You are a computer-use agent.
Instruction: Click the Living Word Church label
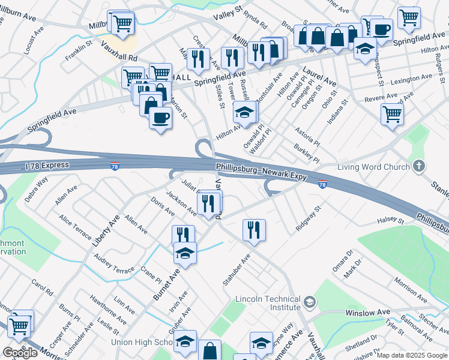pyautogui.click(x=373, y=167)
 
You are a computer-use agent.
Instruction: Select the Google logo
pyautogui.click(x=20, y=353)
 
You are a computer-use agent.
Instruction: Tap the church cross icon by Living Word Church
pyautogui.click(x=420, y=166)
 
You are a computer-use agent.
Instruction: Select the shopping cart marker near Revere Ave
pyautogui.click(x=392, y=112)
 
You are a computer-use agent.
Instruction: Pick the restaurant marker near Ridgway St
pyautogui.click(x=254, y=229)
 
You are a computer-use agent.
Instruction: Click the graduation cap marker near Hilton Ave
pyautogui.click(x=244, y=111)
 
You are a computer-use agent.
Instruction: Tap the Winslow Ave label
pyautogui.click(x=367, y=313)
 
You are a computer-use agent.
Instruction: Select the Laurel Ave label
pyautogui.click(x=319, y=76)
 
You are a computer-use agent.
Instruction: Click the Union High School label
pyautogui.click(x=142, y=343)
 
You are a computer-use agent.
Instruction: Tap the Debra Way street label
pyautogui.click(x=36, y=189)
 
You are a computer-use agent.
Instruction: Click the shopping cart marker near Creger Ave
pyautogui.click(x=21, y=324)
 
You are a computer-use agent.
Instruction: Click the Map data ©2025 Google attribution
pyautogui.click(x=412, y=355)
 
